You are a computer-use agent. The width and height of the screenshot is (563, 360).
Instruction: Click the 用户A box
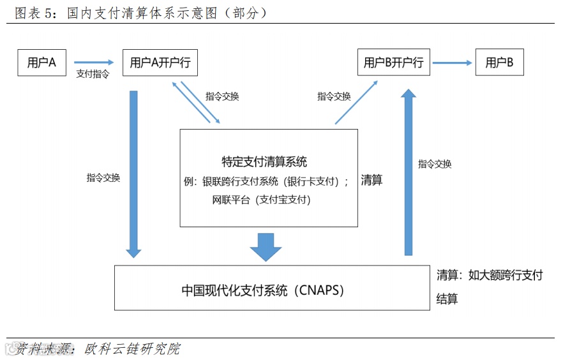[42, 63]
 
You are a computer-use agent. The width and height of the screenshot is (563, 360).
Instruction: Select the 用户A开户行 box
[160, 63]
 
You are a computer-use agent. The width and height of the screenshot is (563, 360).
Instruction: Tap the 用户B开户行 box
[393, 63]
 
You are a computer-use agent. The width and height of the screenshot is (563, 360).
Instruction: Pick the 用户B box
[499, 63]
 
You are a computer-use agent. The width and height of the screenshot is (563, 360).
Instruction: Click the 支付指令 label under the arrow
[93, 74]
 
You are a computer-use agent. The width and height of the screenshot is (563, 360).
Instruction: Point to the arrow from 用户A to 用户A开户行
[93, 63]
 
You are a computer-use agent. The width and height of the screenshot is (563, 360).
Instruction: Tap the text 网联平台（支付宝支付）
[261, 200]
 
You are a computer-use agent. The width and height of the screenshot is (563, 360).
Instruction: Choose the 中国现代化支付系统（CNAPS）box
[272, 288]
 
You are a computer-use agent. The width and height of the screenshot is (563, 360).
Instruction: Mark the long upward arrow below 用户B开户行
[409, 172]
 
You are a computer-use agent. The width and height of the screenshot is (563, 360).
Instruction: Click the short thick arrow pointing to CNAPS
[266, 246]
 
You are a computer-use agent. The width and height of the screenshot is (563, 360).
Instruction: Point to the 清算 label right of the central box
[372, 181]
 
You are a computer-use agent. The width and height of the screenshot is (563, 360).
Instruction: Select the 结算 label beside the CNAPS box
[447, 299]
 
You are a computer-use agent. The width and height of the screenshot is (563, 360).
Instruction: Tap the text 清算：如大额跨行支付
[490, 275]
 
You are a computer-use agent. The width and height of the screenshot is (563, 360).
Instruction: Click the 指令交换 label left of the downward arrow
[103, 178]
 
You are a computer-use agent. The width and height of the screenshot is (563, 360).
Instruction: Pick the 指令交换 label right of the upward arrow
[435, 164]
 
